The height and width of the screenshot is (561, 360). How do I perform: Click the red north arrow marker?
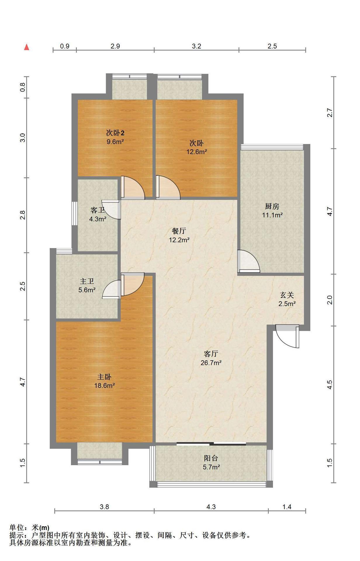coord(27,47)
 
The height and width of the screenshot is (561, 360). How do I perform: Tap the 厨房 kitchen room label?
coord(272,206)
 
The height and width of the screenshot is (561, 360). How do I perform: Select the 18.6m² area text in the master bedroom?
coord(104,385)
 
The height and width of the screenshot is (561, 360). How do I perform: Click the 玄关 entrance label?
coord(287,295)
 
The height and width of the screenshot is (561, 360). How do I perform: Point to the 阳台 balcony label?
coord(211,458)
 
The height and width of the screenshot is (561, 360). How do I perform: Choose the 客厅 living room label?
coord(211,354)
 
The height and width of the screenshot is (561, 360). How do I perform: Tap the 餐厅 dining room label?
coord(179,231)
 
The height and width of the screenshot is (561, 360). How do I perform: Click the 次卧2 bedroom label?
coord(115,133)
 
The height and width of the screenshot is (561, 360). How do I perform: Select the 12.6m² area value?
coord(197,152)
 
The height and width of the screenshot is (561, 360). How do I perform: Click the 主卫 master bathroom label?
coord(87,281)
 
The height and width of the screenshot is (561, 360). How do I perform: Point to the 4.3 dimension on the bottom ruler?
coord(211,507)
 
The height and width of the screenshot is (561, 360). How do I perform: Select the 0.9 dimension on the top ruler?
coord(65,46)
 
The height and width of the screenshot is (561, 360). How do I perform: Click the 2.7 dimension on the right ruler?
coord(330,113)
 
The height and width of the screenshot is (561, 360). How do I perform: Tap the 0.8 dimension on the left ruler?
coord(23,87)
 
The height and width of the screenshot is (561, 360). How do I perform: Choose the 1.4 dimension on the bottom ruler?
coord(287,507)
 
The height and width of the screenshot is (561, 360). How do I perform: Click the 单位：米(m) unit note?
coord(29,528)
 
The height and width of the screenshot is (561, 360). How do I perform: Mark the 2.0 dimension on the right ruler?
coord(330,300)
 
